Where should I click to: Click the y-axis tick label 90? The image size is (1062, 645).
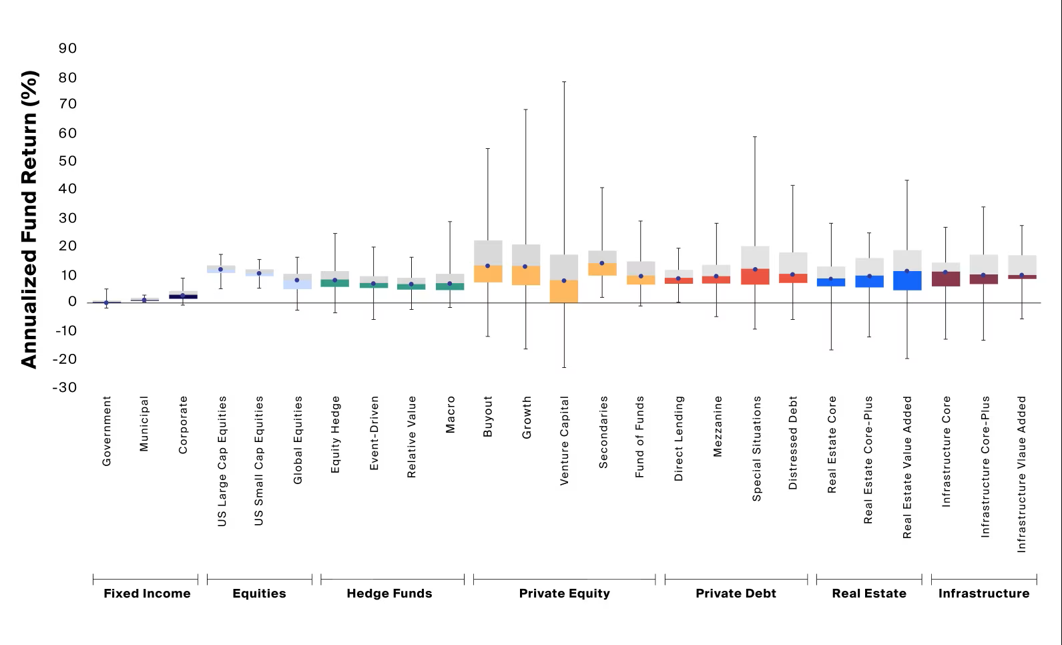[x=68, y=48]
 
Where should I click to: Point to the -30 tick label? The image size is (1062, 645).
[x=65, y=387]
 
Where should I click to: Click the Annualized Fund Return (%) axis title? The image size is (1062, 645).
[x=29, y=219]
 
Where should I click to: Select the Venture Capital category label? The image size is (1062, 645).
[x=564, y=441]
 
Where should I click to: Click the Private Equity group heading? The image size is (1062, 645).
[x=564, y=593]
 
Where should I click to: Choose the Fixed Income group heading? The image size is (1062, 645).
[x=147, y=593]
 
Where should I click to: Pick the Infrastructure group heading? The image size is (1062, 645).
[x=983, y=593]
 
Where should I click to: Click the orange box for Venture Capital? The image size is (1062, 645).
[x=564, y=291]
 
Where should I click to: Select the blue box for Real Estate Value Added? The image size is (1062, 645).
[x=906, y=280]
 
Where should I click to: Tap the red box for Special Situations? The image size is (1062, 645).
[x=755, y=276]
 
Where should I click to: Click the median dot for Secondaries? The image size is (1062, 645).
[x=602, y=263]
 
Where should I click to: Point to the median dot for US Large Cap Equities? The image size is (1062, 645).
[x=221, y=269]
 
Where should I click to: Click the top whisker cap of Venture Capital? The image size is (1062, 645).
[x=564, y=82]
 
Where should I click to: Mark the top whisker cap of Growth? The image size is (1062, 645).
[x=526, y=110]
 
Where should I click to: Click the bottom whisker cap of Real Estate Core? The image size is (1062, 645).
[x=831, y=350]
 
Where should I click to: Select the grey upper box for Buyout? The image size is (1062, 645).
[x=488, y=252]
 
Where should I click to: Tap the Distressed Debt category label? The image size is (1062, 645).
[x=793, y=443]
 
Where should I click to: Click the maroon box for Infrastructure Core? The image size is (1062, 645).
[x=945, y=279]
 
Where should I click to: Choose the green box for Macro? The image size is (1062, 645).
[x=450, y=286]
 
